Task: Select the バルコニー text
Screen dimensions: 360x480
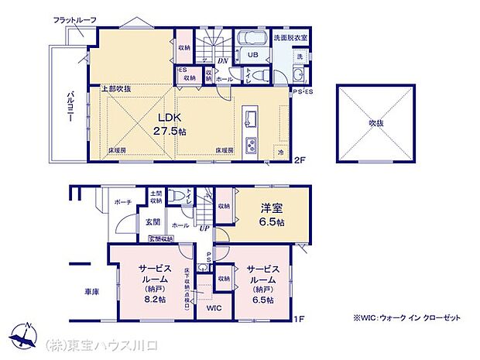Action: [x=69, y=108]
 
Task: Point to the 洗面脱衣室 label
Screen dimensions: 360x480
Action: [x=290, y=37]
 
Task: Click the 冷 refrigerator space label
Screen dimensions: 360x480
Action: [x=280, y=153]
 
